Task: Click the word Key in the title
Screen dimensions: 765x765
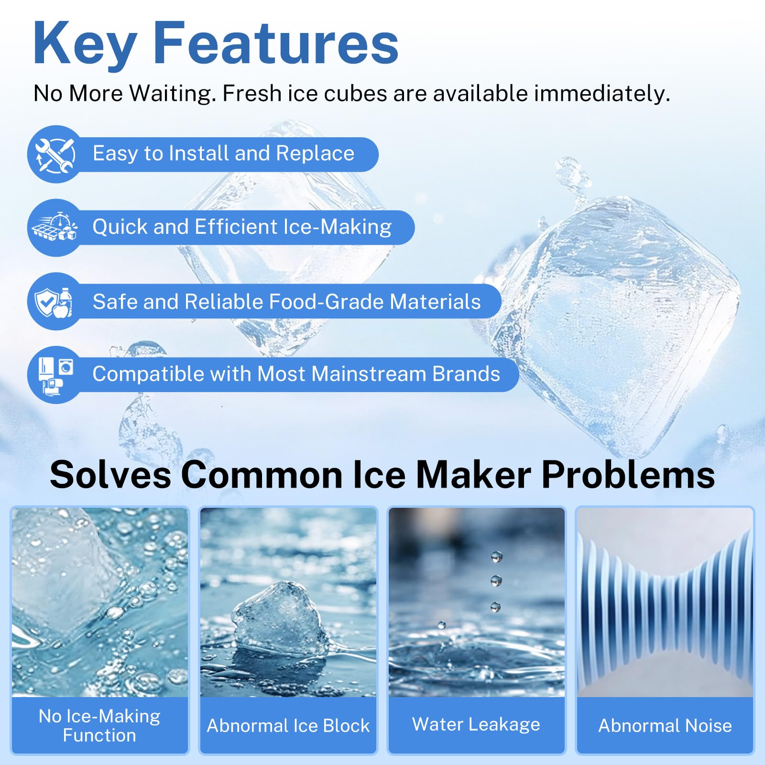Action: [85, 44]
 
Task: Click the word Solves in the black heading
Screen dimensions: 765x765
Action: [110, 475]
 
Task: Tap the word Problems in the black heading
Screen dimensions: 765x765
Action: [628, 475]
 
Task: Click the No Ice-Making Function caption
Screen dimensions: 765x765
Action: [99, 725]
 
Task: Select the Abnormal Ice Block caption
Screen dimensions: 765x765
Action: [288, 726]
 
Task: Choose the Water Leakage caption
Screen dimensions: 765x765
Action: [476, 724]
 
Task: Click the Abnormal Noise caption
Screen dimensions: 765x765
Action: [665, 726]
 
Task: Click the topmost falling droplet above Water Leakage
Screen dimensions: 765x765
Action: [497, 557]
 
